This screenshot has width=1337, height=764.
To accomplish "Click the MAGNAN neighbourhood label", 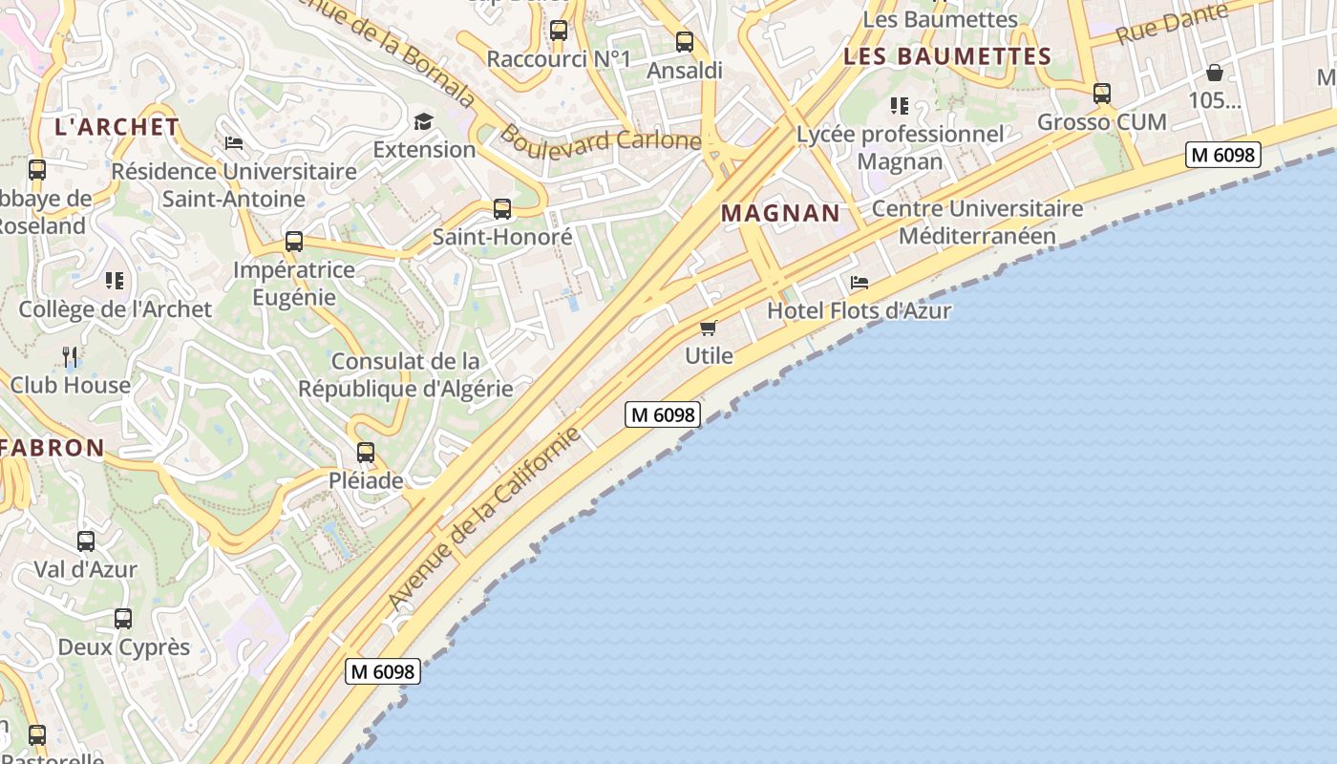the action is tap(780, 213).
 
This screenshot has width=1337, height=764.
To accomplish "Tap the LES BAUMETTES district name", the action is tap(947, 56).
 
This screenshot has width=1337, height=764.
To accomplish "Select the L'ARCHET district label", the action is tap(117, 126).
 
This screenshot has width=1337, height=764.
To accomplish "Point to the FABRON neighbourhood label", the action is tap(53, 447).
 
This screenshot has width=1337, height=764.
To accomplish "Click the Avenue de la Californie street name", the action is tap(484, 518).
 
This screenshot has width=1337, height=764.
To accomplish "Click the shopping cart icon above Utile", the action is tap(709, 329).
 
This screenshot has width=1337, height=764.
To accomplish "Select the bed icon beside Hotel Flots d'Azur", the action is tap(859, 283).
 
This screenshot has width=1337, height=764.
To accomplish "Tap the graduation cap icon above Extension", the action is tap(423, 121).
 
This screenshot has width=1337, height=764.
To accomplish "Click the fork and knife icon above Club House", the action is tap(70, 357).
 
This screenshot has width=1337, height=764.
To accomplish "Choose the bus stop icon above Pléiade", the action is tap(366, 453).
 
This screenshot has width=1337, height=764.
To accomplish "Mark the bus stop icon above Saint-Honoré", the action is tap(502, 209).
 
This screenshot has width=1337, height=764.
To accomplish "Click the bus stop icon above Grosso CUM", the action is tap(1102, 94).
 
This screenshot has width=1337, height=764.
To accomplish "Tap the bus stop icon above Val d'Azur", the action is tap(86, 541).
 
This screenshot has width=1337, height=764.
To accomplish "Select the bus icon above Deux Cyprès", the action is tap(123, 619).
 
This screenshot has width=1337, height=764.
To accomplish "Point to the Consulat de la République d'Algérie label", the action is tap(406, 375).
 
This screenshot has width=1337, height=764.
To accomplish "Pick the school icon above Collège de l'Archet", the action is tap(115, 281).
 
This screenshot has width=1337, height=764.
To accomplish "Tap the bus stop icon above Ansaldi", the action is tap(685, 42).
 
